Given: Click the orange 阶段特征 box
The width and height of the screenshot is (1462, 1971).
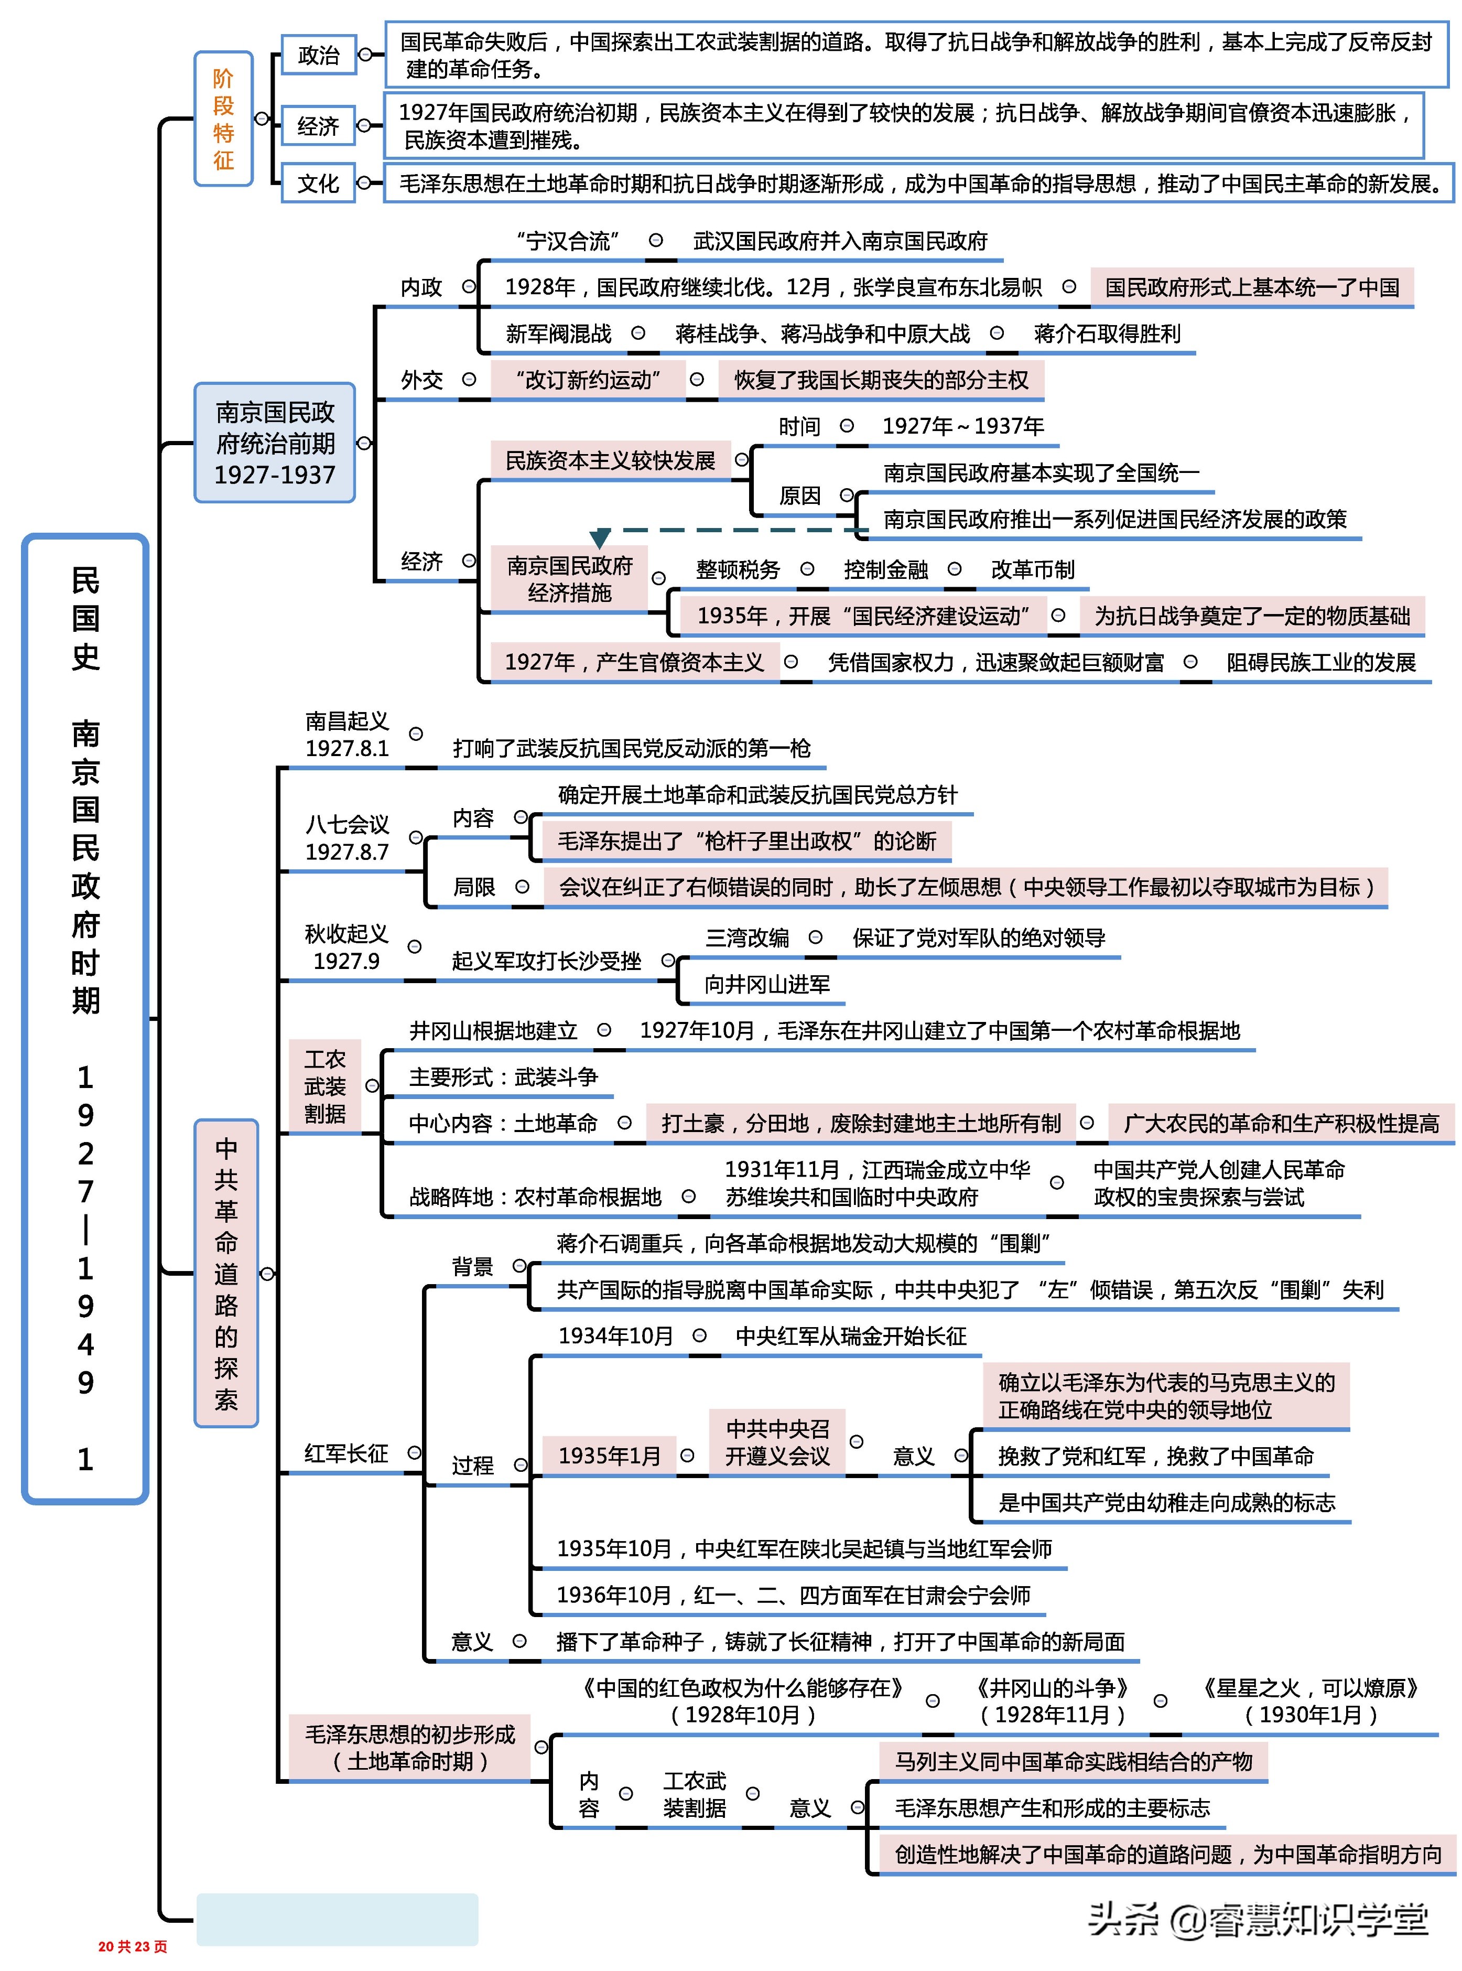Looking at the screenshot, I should (223, 119).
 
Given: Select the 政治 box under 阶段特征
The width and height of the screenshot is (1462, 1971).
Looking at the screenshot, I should (318, 55).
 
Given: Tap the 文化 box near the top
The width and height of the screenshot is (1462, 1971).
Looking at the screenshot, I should (318, 183).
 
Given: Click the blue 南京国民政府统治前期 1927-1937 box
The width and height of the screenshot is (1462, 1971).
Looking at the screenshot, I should (274, 443).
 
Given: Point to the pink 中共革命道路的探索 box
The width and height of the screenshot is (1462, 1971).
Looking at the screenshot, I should (226, 1273).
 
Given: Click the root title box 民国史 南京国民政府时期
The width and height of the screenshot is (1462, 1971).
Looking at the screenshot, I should (85, 1018).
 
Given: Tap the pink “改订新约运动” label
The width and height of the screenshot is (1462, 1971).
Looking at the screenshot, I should (588, 380).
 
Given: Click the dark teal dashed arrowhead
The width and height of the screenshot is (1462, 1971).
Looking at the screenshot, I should (600, 538).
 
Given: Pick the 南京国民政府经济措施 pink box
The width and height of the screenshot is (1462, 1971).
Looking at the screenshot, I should (569, 579).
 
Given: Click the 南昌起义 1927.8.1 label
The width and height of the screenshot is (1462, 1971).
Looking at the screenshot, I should (347, 735).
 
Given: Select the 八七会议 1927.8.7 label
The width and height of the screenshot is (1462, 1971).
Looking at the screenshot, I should (347, 837).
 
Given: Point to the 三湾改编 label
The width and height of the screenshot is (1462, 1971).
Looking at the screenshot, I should (747, 938).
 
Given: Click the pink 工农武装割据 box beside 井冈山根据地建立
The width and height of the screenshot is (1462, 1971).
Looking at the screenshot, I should (325, 1086).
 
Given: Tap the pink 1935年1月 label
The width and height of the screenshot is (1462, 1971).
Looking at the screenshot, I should (610, 1456).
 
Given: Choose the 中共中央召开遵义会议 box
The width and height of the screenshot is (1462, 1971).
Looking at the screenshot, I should (777, 1442).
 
